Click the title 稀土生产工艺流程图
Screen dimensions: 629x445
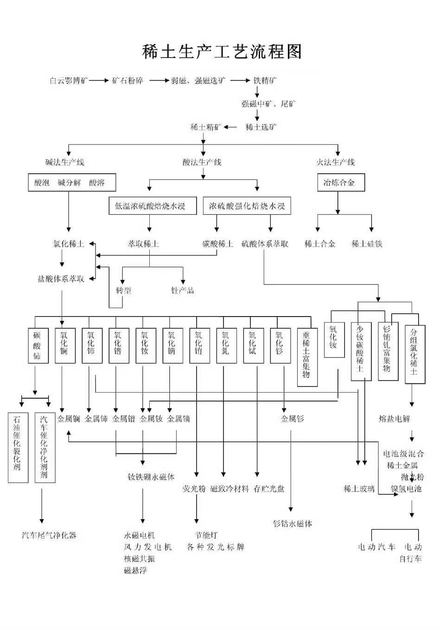222,51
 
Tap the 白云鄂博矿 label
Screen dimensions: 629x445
69,81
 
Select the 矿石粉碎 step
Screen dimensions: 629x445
128,81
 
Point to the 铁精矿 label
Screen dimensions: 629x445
265,81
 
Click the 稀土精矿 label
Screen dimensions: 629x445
206,127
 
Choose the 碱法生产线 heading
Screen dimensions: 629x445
65,162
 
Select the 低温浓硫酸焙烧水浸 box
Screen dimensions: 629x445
150,206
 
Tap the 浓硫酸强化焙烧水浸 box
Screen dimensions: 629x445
247,206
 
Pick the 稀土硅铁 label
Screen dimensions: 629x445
367,244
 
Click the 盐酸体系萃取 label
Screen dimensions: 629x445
61,279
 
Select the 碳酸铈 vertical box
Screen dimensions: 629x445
38,345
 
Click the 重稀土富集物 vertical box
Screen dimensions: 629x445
307,357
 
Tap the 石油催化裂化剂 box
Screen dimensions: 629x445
18,447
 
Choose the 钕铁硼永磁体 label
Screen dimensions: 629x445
151,477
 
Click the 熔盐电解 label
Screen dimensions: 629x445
394,419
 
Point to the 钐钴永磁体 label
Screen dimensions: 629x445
292,524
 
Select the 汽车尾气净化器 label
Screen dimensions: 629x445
49,535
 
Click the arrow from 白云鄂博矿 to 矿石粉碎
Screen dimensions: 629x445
99,81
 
